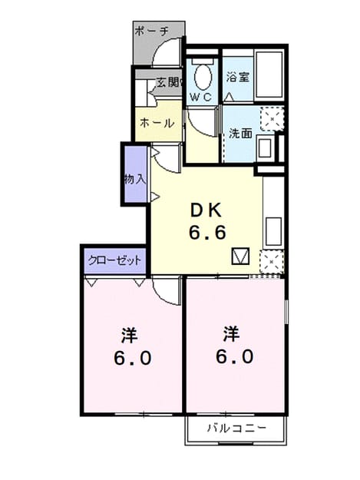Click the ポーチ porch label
click(151, 31)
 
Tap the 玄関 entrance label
click(167, 82)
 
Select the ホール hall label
click(157, 123)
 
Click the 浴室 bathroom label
click(238, 77)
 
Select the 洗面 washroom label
click(241, 134)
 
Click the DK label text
click(206, 210)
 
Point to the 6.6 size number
click(208, 233)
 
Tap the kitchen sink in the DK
click(273, 231)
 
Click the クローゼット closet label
click(114, 260)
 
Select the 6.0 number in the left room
click(133, 358)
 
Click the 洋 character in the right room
click(232, 334)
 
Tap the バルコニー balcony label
click(236, 428)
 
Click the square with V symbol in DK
click(241, 257)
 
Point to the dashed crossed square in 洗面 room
click(272, 119)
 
